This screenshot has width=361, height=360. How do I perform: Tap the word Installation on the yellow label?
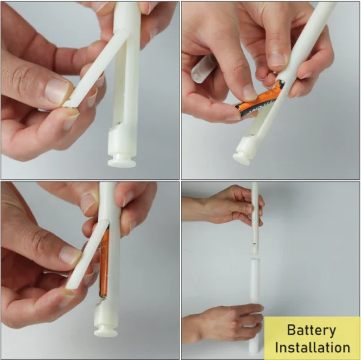pos(312,347)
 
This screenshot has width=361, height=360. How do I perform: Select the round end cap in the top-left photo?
pos(122,158)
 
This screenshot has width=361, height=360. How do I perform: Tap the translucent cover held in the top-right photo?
pos(204,68)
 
